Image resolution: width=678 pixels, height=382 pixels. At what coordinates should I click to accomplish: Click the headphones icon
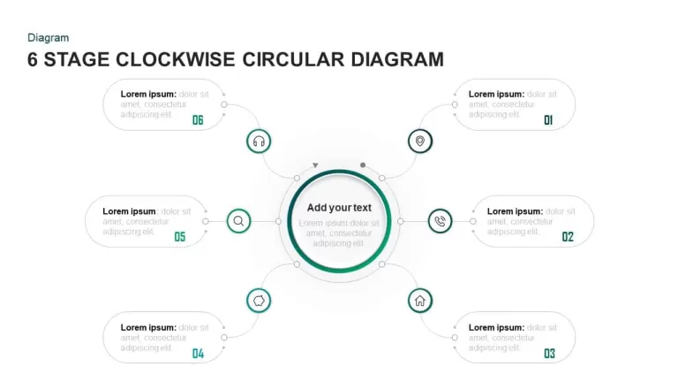pyautogui.click(x=259, y=141)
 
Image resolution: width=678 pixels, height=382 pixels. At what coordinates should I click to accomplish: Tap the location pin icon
pyautogui.click(x=420, y=141)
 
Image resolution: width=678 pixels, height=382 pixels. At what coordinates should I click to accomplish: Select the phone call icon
pyautogui.click(x=440, y=221)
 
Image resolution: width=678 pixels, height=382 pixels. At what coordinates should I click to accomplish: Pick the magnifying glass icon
pyautogui.click(x=238, y=221)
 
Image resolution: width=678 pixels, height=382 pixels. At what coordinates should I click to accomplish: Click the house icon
pyautogui.click(x=420, y=301)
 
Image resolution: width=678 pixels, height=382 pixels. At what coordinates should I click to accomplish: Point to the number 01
pyautogui.click(x=548, y=120)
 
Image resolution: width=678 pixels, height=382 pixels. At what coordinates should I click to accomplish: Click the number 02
pyautogui.click(x=568, y=236)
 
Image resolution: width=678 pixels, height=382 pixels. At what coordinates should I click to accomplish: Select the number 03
pyautogui.click(x=549, y=354)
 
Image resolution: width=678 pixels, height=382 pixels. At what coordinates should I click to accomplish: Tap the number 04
pyautogui.click(x=198, y=354)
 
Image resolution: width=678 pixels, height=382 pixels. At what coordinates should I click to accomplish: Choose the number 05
pyautogui.click(x=180, y=236)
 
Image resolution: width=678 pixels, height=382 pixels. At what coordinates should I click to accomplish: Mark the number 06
pyautogui.click(x=198, y=120)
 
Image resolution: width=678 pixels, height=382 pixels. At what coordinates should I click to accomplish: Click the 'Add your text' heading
pyautogui.click(x=339, y=208)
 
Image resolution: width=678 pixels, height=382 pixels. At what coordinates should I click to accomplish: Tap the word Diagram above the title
pyautogui.click(x=48, y=38)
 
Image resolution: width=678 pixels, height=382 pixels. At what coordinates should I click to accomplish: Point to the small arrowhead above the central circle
pyautogui.click(x=315, y=165)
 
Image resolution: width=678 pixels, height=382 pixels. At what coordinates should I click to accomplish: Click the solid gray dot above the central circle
pyautogui.click(x=363, y=165)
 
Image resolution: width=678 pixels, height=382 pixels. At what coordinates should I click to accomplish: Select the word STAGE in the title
pyautogui.click(x=77, y=60)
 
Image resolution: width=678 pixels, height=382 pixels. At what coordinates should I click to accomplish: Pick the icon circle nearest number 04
pyautogui.click(x=259, y=301)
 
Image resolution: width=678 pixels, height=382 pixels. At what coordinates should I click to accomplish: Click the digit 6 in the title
pyautogui.click(x=33, y=60)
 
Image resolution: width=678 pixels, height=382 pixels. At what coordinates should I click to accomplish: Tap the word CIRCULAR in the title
pyautogui.click(x=293, y=60)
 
